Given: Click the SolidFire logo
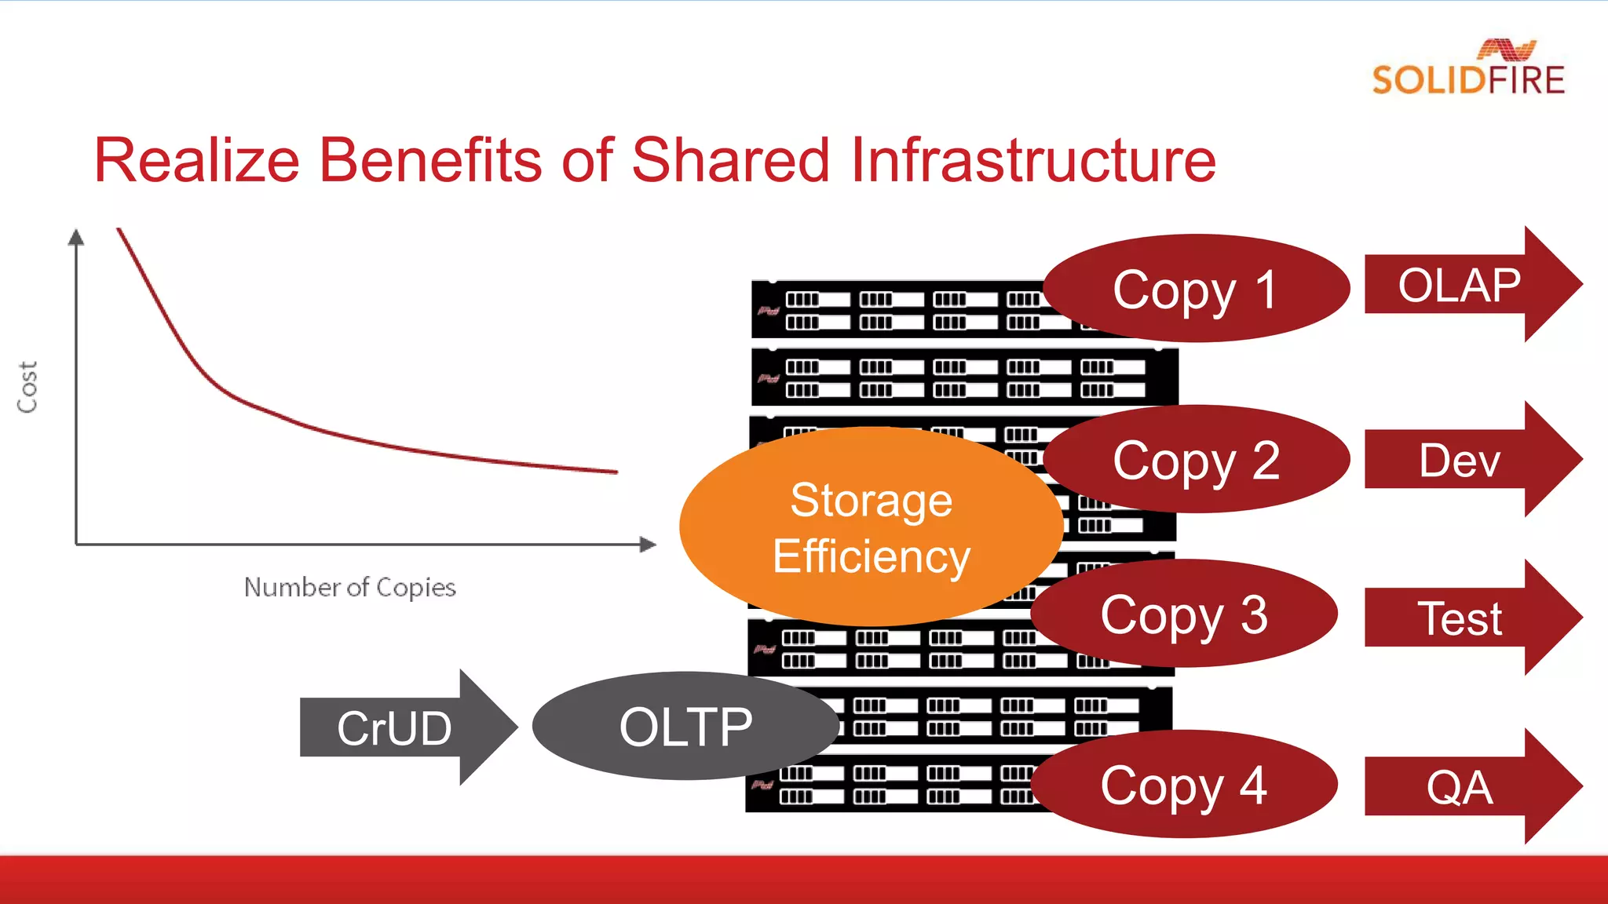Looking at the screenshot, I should pyautogui.click(x=1468, y=69).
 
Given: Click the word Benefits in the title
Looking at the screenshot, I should pyautogui.click(x=429, y=160).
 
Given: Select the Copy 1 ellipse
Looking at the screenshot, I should pyautogui.click(x=1196, y=289).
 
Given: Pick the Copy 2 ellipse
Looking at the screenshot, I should pyautogui.click(x=1196, y=460).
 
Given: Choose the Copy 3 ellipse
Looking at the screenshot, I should pyautogui.click(x=1184, y=614).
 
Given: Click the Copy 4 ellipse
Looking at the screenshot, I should pyautogui.click(x=1184, y=784).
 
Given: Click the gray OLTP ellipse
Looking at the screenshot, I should pyautogui.click(x=685, y=726).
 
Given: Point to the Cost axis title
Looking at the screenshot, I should pyautogui.click(x=27, y=387).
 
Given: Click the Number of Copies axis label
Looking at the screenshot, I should pyautogui.click(x=349, y=587).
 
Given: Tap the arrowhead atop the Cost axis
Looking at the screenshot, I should pyautogui.click(x=76, y=237).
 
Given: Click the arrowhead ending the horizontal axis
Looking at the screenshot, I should pyautogui.click(x=648, y=544).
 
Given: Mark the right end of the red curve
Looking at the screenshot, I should pyautogui.click(x=616, y=472).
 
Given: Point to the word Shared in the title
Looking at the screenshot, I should pyautogui.click(x=730, y=160).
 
